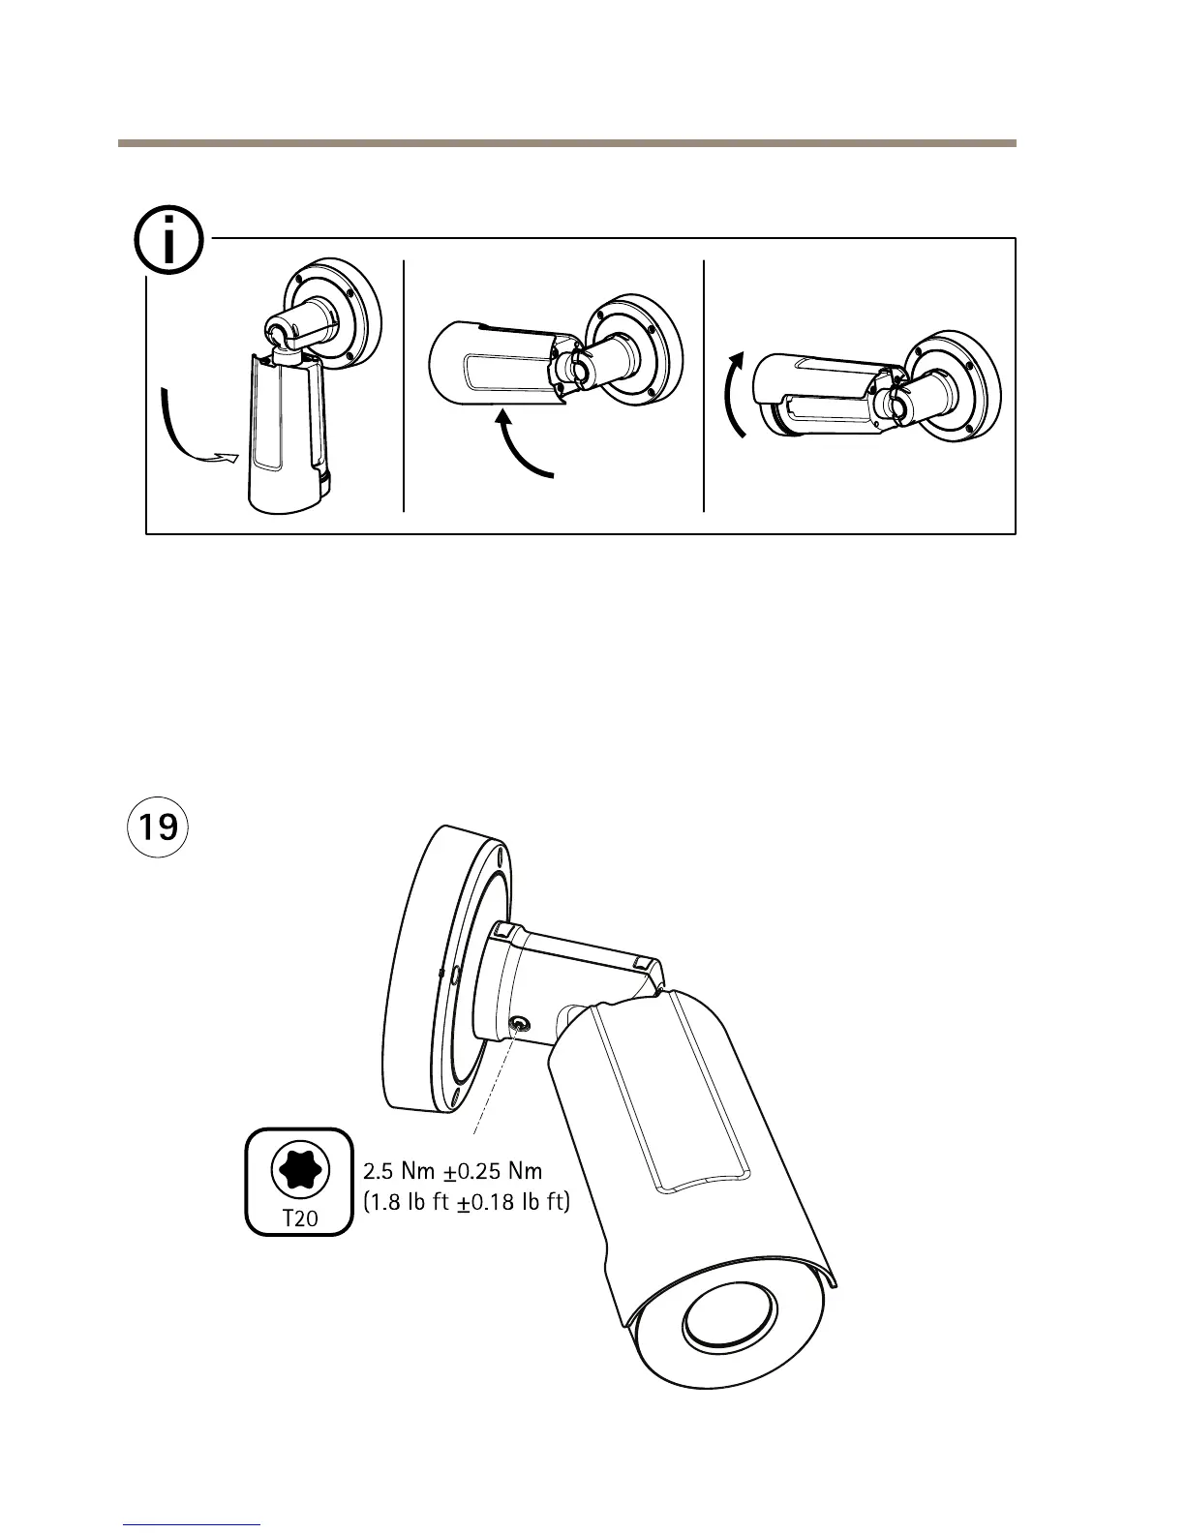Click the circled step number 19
(x=158, y=828)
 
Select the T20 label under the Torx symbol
(x=299, y=1217)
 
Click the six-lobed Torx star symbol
(x=299, y=1169)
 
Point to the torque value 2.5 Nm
(x=400, y=1172)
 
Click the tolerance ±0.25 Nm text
(x=494, y=1172)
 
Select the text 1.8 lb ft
(x=407, y=1203)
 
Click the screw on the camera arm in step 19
(x=520, y=1024)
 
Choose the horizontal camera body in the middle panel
(x=489, y=364)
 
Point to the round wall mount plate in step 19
(x=426, y=968)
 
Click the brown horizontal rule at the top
(x=567, y=143)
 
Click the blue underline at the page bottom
(x=193, y=1524)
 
